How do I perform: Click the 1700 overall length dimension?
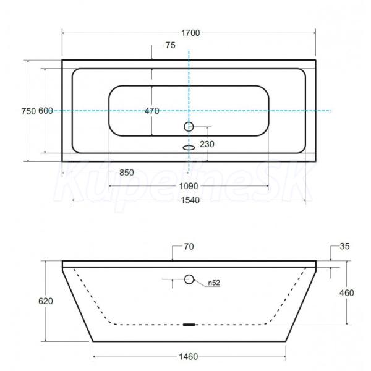190,33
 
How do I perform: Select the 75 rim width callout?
171,45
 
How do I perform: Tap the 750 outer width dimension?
28,111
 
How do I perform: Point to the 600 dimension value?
46,111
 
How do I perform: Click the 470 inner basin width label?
152,111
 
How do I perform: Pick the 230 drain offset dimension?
207,144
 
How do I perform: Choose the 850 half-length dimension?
127,173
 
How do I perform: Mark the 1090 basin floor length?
189,186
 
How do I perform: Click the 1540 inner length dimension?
190,200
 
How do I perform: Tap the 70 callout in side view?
189,247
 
